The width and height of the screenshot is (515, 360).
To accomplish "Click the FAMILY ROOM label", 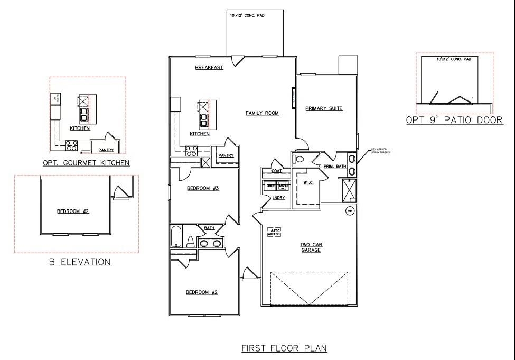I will pos(262,113).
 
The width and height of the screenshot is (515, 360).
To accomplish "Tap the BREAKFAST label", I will pos(209,68).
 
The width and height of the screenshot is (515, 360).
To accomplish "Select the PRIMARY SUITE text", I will pos(324,109).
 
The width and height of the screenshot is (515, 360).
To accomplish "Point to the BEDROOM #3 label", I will pos(203,188).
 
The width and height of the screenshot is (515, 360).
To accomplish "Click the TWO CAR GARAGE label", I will pos(311,247).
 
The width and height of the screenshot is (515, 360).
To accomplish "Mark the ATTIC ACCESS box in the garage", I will pos(275,232).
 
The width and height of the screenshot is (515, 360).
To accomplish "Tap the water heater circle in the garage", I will pos(349,211).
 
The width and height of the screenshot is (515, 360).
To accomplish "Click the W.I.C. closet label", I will pos(309,183).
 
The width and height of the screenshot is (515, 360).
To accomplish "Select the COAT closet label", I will pos(276,171).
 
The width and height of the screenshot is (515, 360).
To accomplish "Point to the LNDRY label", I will pos(278,198).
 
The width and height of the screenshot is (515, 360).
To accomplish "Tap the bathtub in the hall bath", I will pos(176,236).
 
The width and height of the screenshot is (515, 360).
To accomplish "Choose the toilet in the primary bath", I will pos(299,159).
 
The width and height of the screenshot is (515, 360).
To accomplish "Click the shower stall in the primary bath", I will pos(349,190).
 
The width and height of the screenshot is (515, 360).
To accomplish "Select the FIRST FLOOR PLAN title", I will pos(284,348).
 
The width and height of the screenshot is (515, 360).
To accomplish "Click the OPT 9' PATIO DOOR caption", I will pos(454,121).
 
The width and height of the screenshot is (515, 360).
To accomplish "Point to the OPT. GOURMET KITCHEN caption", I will pos(86,163).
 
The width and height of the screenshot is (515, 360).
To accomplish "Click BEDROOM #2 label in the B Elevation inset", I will pos(73,211).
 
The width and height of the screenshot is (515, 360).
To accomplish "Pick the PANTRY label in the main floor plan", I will pos(226,155).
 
